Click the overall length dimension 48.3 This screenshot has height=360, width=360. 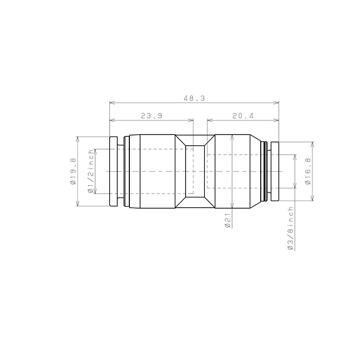194,98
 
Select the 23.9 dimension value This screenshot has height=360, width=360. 151,116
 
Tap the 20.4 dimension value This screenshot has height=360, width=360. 243,116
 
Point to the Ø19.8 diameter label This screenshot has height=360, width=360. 73,172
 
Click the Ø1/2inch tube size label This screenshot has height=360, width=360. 91,172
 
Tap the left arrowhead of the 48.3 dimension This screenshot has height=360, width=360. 112,102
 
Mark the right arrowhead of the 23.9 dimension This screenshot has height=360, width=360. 191,120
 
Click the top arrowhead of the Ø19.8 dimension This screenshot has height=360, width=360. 78,139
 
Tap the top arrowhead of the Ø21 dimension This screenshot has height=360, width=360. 232,137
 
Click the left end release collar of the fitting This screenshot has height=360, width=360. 113,172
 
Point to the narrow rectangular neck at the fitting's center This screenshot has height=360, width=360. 195,172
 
